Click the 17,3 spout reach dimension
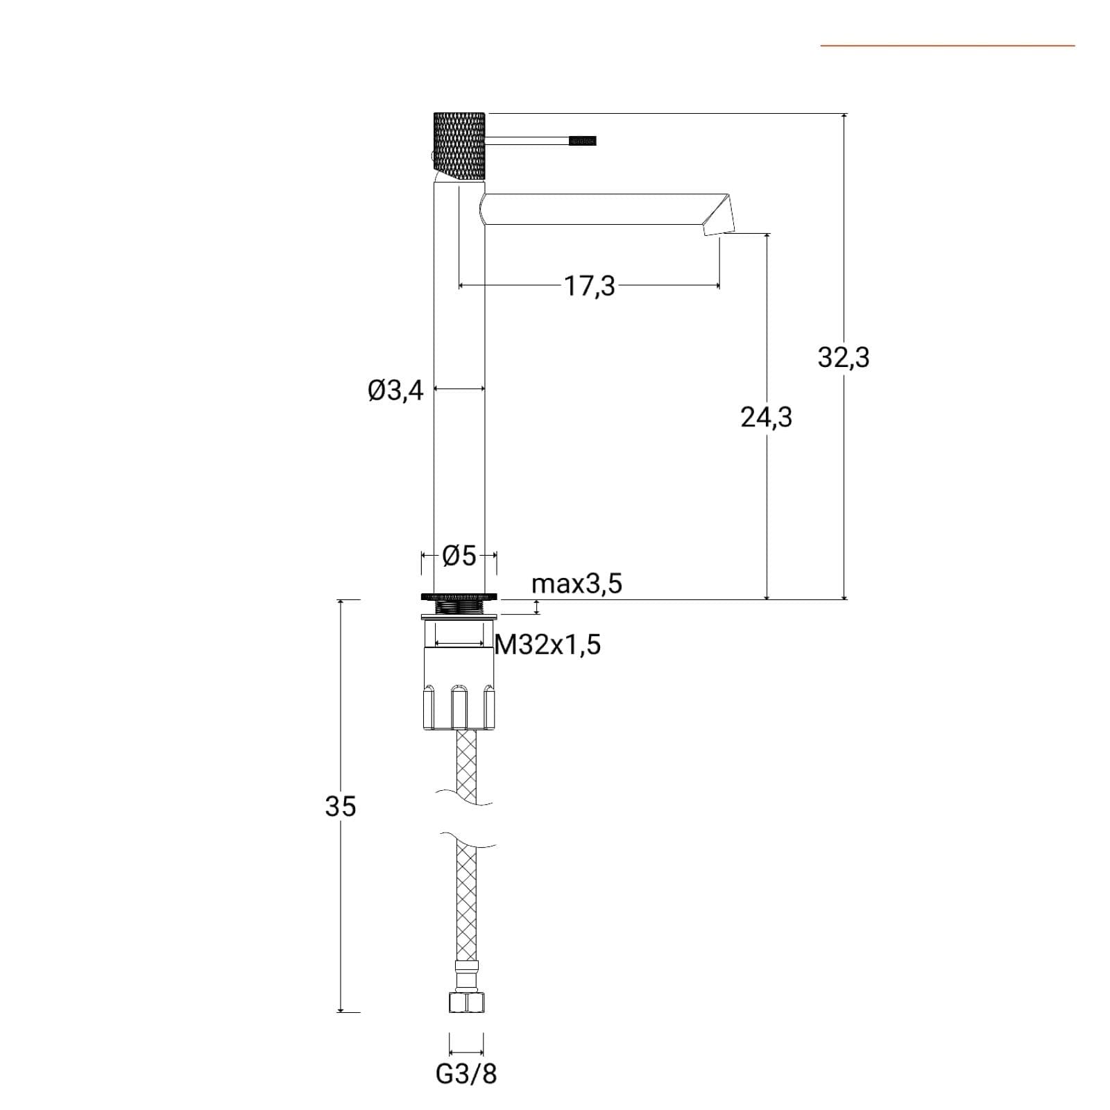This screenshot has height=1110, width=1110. [x=589, y=286]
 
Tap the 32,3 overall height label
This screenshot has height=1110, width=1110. [x=843, y=358]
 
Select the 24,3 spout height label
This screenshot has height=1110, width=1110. [x=766, y=418]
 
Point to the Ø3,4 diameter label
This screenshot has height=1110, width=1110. [x=395, y=391]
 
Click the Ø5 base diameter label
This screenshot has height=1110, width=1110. [x=459, y=555]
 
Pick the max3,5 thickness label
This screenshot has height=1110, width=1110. [x=577, y=584]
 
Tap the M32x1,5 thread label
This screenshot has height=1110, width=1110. [x=547, y=645]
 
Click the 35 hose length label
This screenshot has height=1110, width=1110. [x=340, y=806]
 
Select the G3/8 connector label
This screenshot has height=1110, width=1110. [x=466, y=1074]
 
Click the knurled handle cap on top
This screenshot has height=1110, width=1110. [x=459, y=146]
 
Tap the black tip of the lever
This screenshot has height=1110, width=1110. [x=582, y=141]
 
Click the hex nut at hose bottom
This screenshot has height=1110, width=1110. [x=466, y=1002]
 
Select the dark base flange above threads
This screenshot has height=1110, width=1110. [x=459, y=596]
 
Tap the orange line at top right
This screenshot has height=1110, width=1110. [x=948, y=46]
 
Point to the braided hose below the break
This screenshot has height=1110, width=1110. [x=466, y=901]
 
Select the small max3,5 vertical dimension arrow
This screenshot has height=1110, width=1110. [x=536, y=608]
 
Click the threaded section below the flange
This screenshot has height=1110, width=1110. [x=459, y=608]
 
